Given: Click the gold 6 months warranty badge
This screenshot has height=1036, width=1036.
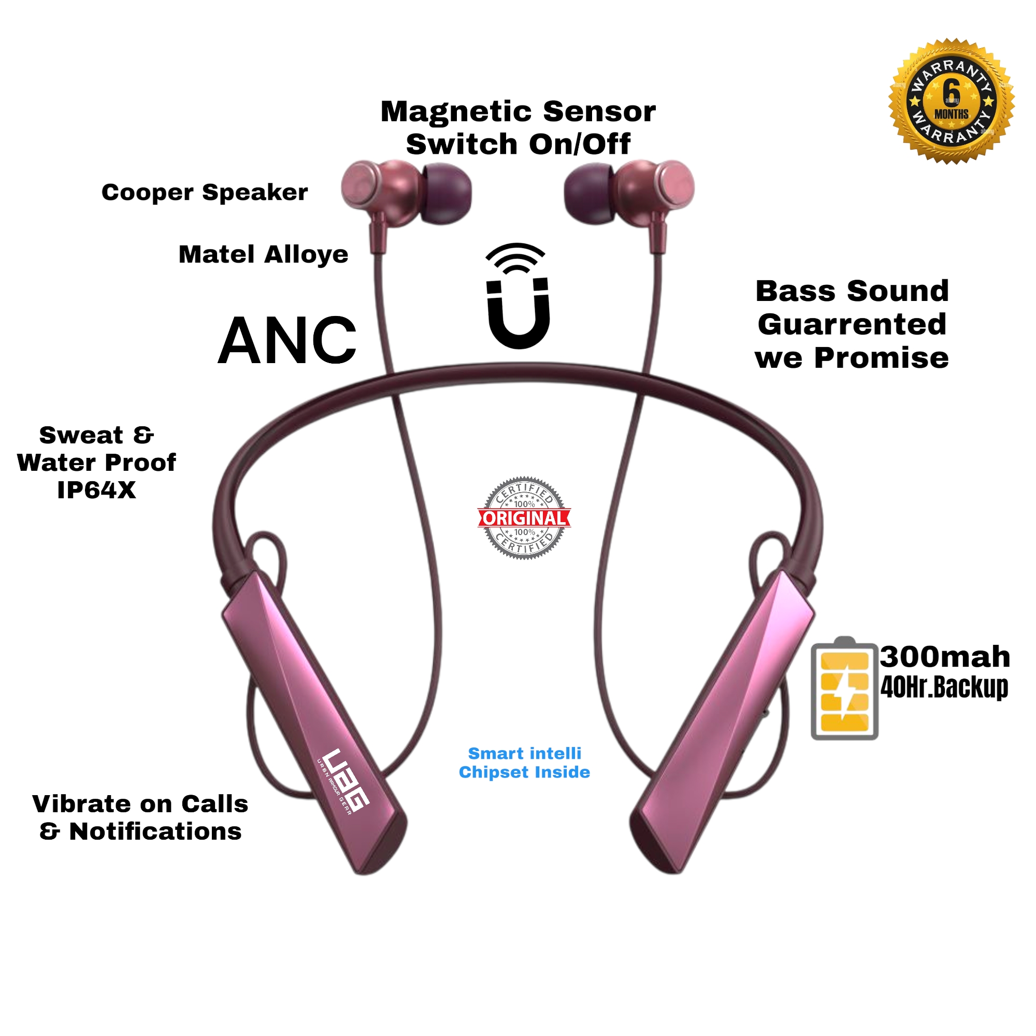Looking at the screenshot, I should point(951,102).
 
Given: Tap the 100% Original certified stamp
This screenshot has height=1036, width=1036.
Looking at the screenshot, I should point(524,518).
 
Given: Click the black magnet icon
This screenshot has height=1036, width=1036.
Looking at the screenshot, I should point(518,311).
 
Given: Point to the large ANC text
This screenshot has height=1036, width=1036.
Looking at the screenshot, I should point(287,340).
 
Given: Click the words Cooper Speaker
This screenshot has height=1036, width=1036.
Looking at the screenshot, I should point(205,192).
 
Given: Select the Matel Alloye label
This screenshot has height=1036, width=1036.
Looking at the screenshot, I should point(263,254).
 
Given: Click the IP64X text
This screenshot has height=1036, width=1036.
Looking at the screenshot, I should point(96,490).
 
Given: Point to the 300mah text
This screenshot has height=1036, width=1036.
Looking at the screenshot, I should point(945,657).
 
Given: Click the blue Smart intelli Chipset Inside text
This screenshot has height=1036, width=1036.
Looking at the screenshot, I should point(524,762).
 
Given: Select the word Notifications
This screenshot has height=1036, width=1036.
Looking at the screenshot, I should point(155,832).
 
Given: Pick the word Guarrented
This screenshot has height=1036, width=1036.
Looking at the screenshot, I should point(852,324).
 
